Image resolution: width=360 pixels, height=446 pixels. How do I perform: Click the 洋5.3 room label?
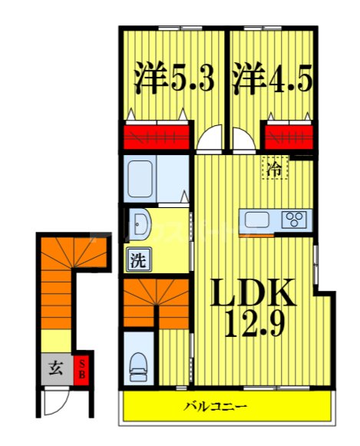click(173, 78)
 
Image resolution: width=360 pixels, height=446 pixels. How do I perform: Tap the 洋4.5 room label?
click(270, 78)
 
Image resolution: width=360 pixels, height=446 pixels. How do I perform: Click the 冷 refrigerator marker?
click(274, 167)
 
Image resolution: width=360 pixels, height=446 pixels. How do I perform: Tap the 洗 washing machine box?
click(137, 259)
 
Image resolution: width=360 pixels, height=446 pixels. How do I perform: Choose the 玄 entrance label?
click(55, 367)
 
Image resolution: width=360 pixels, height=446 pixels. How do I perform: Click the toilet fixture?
click(139, 367)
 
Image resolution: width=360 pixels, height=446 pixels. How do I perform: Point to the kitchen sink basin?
click(256, 220)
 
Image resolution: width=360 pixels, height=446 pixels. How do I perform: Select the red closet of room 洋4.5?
click(288, 135)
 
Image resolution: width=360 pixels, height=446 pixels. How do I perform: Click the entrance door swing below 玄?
click(54, 400)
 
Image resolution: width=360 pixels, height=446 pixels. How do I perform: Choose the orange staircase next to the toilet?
click(156, 302)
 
